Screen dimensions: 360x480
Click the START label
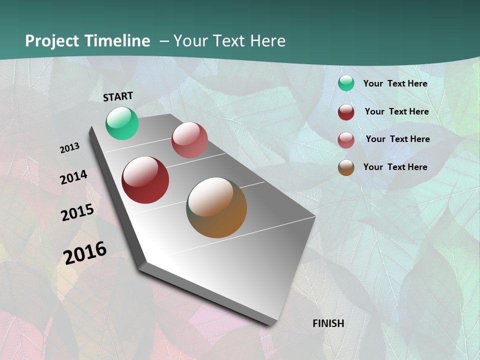(118, 96)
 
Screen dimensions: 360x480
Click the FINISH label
(328, 323)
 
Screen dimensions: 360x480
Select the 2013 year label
(69, 148)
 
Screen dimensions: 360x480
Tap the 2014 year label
(73, 177)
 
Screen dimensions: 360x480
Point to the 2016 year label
(85, 253)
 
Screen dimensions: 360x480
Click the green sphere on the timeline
(122, 123)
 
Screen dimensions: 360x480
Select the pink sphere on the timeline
(189, 140)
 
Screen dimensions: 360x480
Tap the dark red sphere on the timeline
(145, 180)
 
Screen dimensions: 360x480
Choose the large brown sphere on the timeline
(216, 207)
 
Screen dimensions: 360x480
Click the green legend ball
(346, 83)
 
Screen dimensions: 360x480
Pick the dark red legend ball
(346, 112)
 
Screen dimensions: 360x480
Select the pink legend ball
(346, 140)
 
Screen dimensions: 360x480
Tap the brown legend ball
(346, 167)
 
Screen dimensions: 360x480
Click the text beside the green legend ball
(395, 83)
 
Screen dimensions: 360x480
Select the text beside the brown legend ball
(395, 167)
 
